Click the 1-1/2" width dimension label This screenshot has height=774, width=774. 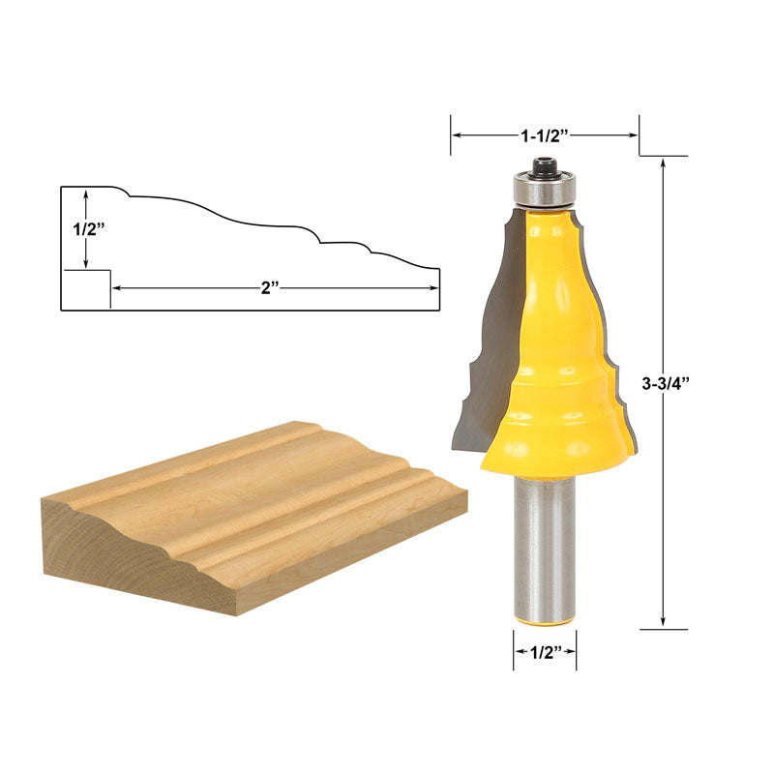point(545,136)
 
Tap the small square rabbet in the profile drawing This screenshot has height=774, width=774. point(86,289)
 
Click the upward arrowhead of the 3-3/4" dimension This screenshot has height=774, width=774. point(664,164)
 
